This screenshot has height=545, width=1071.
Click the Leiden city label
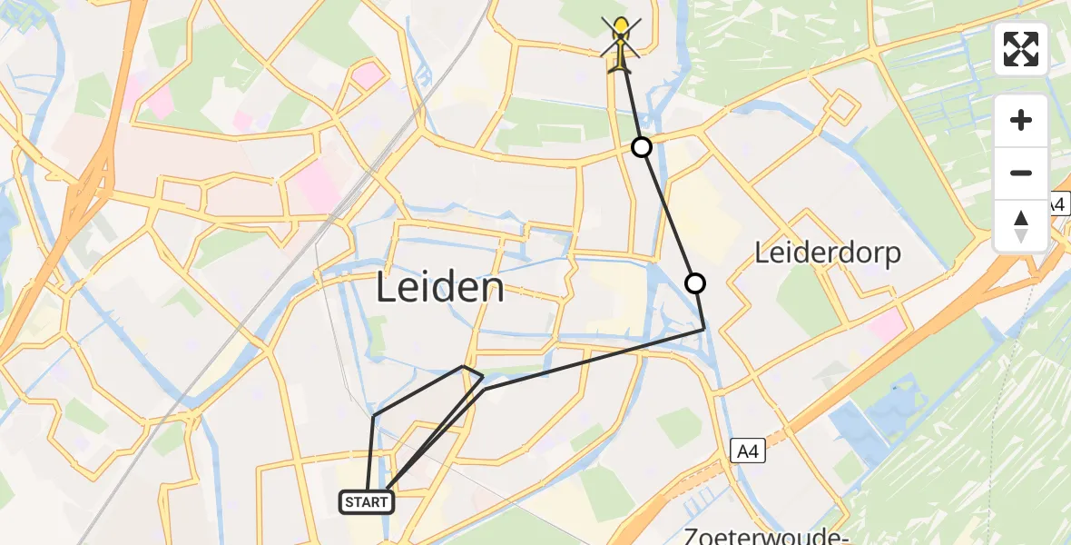[x=440, y=288]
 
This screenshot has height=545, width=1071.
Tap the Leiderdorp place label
[x=828, y=253]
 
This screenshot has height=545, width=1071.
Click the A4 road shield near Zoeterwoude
[x=747, y=449]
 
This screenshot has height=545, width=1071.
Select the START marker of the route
[x=367, y=501]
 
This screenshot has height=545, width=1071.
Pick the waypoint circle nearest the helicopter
[x=642, y=146]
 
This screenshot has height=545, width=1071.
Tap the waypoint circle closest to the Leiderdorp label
[x=695, y=283]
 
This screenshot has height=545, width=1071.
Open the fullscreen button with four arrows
[x=1021, y=49]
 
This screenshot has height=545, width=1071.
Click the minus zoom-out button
[x=1021, y=173]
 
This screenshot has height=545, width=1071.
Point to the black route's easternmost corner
[x=704, y=329]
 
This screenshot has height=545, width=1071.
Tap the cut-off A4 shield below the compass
[x=1058, y=205]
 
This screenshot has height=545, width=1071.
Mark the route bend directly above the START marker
[x=373, y=416]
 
